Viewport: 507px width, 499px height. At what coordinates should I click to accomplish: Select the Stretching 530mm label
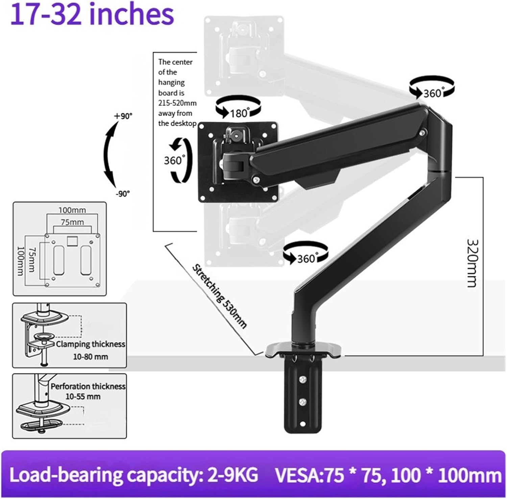[x=219, y=296]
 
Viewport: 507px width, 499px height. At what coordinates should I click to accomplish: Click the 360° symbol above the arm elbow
[x=432, y=88]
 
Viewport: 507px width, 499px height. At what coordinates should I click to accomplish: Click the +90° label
[x=123, y=116]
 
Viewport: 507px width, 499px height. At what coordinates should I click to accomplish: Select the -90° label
[x=123, y=194]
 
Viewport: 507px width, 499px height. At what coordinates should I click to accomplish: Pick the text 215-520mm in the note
[x=177, y=103]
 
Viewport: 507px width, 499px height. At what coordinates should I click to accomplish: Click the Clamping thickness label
[x=91, y=344]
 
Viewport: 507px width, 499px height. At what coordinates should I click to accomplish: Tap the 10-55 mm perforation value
[x=83, y=396]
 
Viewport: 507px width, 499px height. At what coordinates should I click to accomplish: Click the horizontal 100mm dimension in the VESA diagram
[x=72, y=210]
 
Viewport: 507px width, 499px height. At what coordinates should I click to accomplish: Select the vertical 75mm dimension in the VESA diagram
[x=32, y=259]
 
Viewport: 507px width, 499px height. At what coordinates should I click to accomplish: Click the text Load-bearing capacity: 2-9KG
[x=134, y=475]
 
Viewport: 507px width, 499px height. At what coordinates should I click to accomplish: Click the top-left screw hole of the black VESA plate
[x=202, y=126]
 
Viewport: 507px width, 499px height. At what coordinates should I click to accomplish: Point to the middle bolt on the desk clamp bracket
[x=303, y=402]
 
